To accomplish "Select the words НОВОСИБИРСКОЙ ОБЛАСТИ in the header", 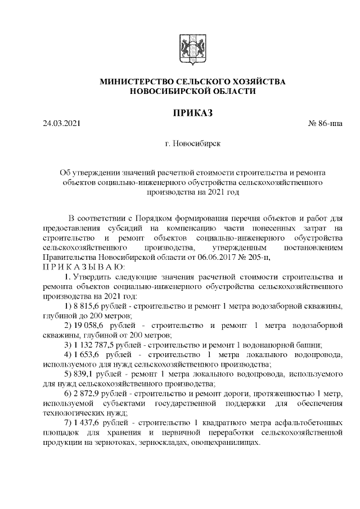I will tap(192, 91).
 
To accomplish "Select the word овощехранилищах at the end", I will tap(228, 443).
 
